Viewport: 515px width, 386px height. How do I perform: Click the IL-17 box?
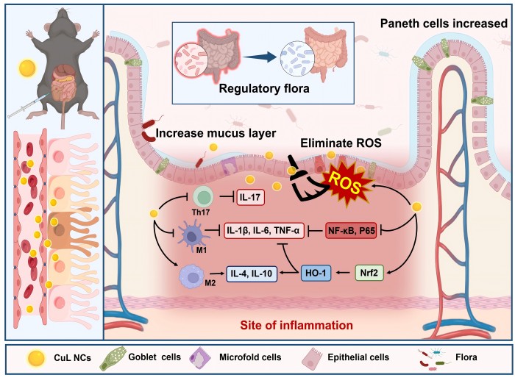(x=250, y=197)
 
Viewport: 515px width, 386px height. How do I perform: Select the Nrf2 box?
(x=369, y=273)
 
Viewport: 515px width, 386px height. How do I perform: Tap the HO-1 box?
(x=316, y=273)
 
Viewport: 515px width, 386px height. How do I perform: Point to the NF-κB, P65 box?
(x=351, y=230)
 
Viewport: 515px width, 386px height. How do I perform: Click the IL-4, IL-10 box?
(x=252, y=273)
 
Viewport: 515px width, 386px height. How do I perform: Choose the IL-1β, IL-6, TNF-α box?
(x=264, y=230)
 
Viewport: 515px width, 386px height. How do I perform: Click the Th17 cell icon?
(x=203, y=196)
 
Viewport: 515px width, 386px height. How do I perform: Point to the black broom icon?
(x=305, y=180)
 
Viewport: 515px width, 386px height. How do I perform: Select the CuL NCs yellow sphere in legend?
(x=36, y=358)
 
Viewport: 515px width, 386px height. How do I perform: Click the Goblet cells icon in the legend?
(x=113, y=358)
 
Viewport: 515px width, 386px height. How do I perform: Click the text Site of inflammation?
(x=296, y=325)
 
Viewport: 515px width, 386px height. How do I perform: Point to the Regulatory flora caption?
(x=264, y=89)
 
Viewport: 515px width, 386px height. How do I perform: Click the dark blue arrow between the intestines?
(x=260, y=57)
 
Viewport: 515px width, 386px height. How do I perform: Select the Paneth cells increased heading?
(x=444, y=24)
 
